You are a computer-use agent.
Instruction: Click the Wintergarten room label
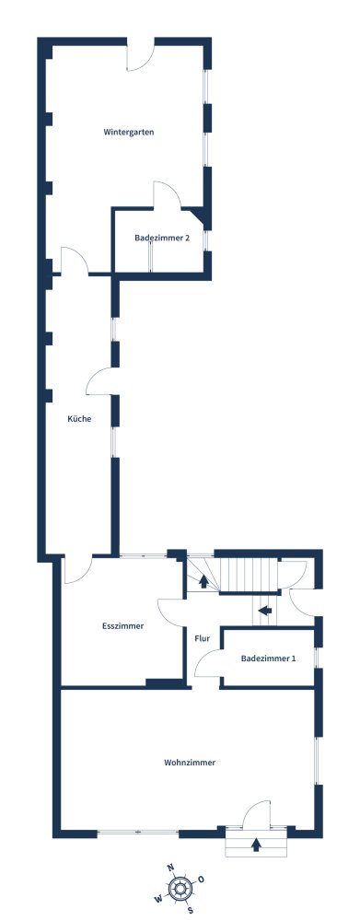129,132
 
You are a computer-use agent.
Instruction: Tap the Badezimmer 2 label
162,238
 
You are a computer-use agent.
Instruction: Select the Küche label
79,419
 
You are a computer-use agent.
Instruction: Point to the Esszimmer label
122,626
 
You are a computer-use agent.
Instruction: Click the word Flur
202,638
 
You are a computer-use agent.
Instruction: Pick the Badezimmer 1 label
268,659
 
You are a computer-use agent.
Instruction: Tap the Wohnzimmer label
190,763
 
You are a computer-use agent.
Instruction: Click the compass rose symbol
180,888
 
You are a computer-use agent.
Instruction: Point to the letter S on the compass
191,911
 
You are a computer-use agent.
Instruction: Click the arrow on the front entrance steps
255,845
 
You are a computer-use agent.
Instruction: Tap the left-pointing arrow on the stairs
265,611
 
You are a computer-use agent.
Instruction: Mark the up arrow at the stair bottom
203,581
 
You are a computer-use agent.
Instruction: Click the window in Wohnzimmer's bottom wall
137,832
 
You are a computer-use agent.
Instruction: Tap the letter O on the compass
201,880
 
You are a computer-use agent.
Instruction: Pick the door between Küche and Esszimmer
78,570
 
